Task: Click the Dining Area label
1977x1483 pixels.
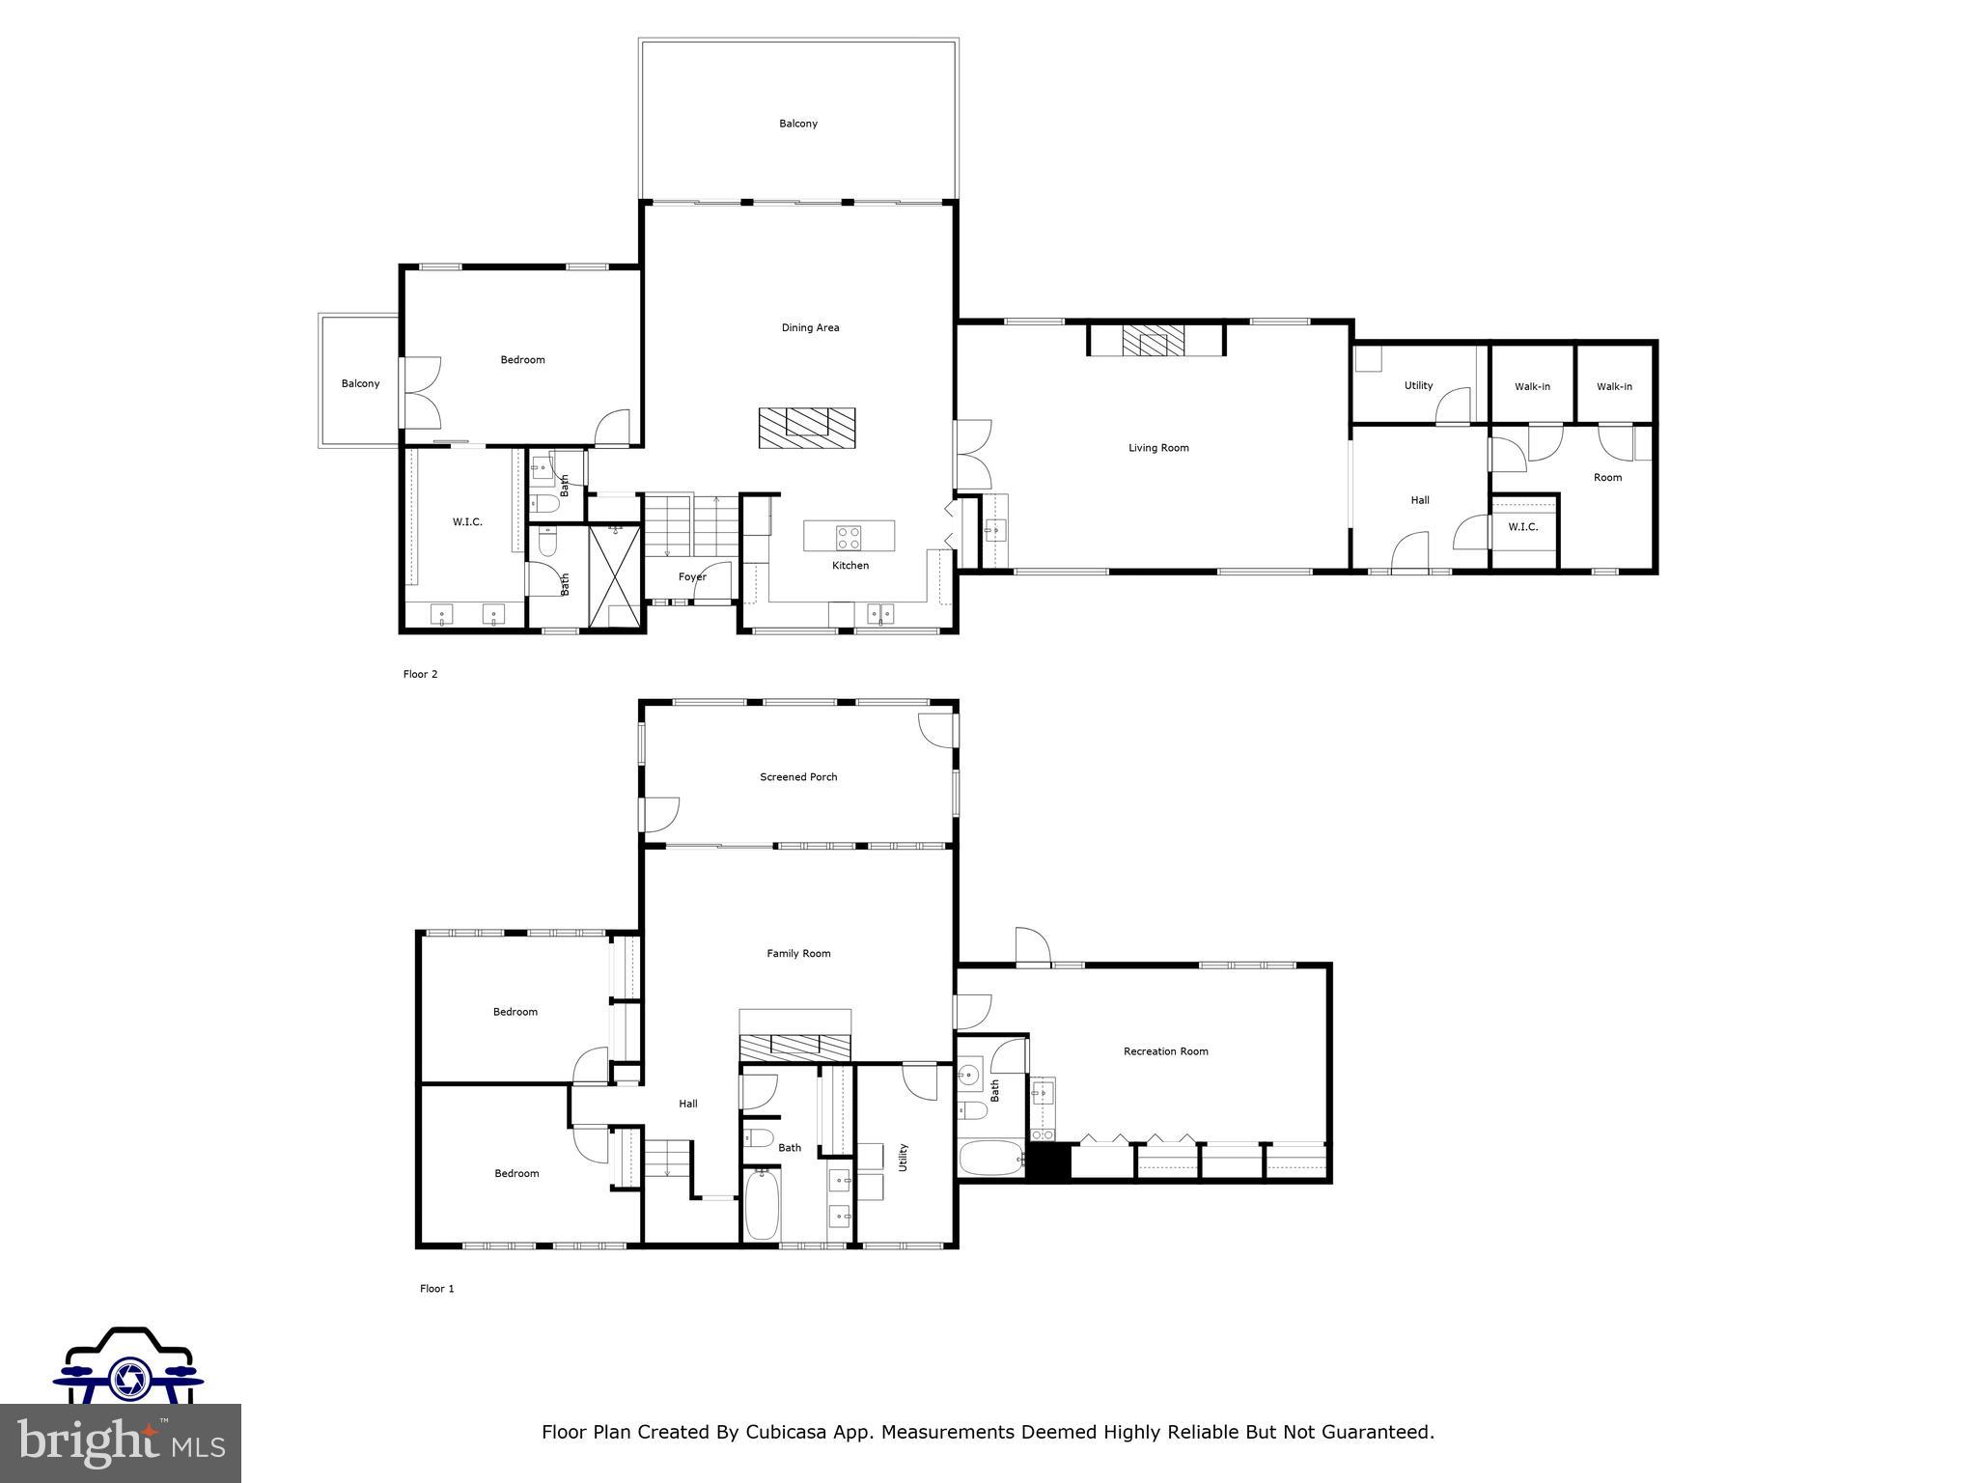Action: point(810,327)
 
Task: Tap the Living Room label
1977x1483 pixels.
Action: point(1158,448)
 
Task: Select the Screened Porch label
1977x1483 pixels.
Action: point(798,777)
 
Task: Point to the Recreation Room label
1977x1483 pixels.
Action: point(1165,1051)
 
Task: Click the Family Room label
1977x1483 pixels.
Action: point(798,954)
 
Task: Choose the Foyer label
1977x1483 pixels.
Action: point(692,577)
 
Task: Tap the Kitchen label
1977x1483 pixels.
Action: point(850,566)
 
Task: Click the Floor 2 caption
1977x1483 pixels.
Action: point(420,675)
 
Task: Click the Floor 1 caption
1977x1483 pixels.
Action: point(436,1289)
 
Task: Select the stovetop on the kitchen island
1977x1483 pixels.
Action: point(849,537)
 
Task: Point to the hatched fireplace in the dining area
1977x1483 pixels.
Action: point(806,427)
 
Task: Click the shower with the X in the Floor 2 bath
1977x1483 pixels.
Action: point(614,575)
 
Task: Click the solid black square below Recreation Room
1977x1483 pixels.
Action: point(1047,1161)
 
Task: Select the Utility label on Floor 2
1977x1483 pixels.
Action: point(1418,386)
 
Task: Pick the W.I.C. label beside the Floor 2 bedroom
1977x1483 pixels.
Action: point(467,522)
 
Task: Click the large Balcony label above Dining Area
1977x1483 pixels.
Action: point(798,124)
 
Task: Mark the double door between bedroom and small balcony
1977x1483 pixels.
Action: point(421,393)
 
